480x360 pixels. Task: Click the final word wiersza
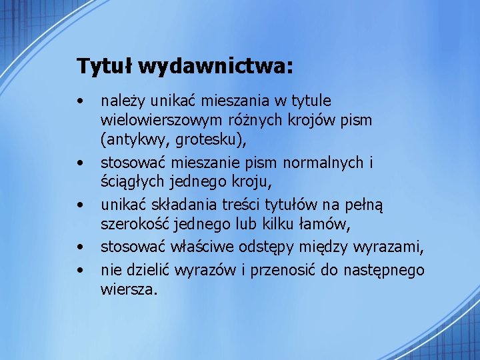[x=127, y=289]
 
